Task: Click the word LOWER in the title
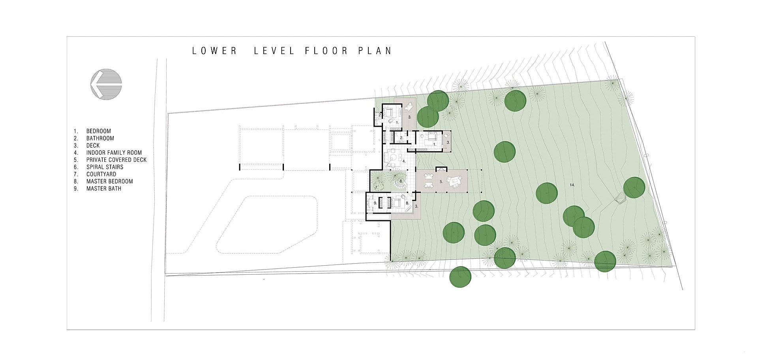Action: (x=214, y=51)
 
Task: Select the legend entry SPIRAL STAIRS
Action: (x=105, y=167)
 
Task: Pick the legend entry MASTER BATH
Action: (x=104, y=189)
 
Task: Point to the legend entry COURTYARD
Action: (x=101, y=174)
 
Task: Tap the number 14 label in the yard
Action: (x=572, y=185)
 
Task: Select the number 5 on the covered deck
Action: (x=441, y=182)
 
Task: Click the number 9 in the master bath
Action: (x=375, y=203)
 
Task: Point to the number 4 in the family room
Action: (x=404, y=161)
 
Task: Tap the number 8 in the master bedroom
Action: (x=407, y=203)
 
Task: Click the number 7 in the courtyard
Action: (x=376, y=187)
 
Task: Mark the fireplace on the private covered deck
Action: (x=441, y=169)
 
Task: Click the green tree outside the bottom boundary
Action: (x=460, y=277)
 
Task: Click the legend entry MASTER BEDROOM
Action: (x=109, y=182)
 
